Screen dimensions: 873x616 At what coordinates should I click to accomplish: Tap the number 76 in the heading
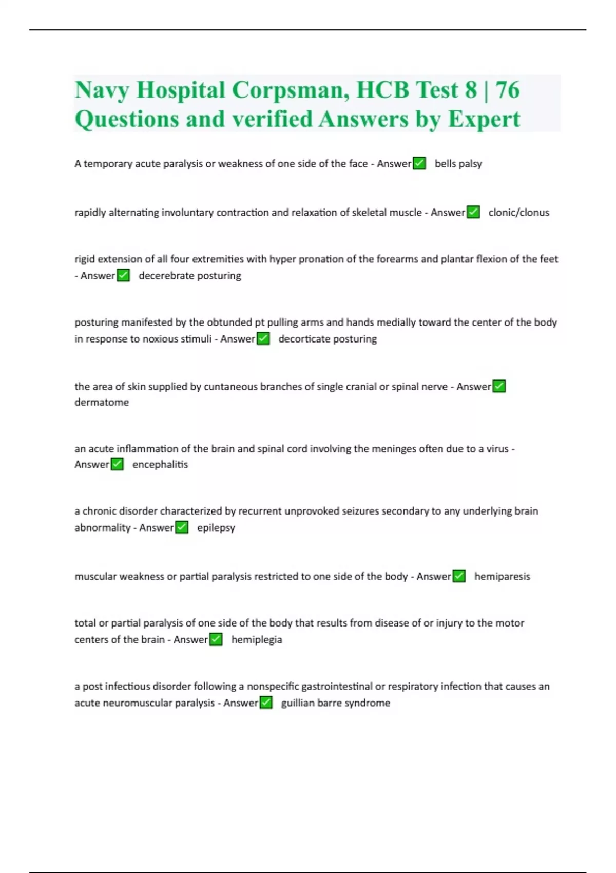[x=508, y=90]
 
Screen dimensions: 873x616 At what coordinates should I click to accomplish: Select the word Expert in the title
[x=484, y=119]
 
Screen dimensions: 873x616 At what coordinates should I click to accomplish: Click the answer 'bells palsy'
[x=458, y=164]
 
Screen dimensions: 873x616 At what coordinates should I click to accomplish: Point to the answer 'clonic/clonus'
[x=518, y=213]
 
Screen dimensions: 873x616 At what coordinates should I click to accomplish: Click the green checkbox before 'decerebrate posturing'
[x=123, y=276]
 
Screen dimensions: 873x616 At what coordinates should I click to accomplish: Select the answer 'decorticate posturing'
[x=328, y=339]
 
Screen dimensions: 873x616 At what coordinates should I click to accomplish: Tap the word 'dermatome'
[x=102, y=402]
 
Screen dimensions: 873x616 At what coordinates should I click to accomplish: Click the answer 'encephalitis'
[x=160, y=465]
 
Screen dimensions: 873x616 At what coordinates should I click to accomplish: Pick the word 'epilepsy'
[x=216, y=528]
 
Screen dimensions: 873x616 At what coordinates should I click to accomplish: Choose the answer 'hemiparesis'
[x=502, y=577]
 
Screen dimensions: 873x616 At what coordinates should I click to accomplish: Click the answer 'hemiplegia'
[x=257, y=640]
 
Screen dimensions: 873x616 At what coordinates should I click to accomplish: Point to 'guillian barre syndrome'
[x=335, y=703]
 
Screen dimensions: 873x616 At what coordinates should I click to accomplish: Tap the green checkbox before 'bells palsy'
[x=419, y=163]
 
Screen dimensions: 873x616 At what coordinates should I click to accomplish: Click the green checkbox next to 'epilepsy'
[x=182, y=527]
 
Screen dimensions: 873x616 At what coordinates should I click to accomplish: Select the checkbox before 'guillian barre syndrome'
[x=266, y=703]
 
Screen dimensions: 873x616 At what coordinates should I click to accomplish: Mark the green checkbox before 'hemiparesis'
[x=459, y=576]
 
